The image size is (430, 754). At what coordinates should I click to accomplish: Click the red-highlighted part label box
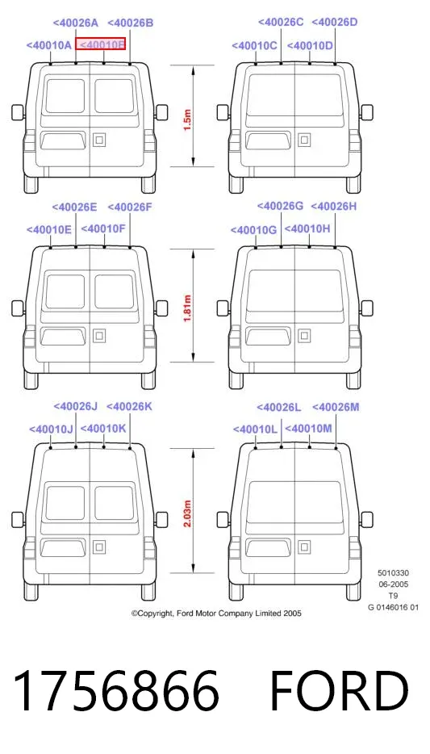100,44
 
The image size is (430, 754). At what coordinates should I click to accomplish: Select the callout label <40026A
75,23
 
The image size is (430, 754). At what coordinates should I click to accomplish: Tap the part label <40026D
334,22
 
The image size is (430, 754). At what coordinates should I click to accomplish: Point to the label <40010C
254,46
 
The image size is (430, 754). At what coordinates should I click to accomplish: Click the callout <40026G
280,207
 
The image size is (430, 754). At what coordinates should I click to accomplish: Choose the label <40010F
102,229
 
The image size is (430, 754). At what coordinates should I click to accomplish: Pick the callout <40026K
129,407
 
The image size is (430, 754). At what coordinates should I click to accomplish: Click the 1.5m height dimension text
188,120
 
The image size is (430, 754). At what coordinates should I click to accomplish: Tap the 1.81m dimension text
188,308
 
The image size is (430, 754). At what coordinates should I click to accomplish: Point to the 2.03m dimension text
188,513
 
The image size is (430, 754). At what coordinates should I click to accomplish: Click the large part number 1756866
117,690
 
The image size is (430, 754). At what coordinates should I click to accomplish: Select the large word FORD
339,690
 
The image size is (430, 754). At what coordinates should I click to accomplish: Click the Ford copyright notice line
216,613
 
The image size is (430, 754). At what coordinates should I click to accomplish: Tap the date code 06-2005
393,584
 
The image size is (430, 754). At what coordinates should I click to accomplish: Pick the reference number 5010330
393,572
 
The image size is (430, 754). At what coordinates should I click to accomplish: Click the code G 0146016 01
393,607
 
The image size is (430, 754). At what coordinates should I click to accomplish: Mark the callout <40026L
278,408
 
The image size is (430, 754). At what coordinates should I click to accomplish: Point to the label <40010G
253,230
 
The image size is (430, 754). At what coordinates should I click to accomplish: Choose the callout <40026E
74,207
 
